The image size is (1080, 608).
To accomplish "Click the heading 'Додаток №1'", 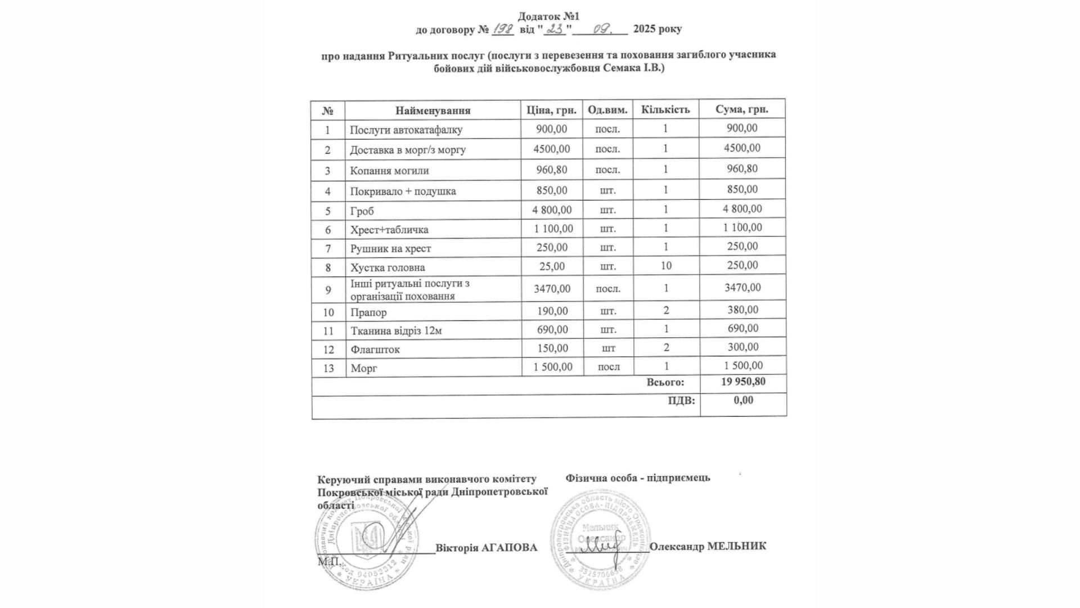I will tap(548, 16).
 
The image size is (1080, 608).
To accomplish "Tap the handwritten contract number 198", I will tap(502, 29).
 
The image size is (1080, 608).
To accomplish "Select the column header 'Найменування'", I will tap(433, 110).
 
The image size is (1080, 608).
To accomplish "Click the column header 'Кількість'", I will tap(665, 109).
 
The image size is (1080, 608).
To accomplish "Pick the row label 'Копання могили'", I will tap(389, 171).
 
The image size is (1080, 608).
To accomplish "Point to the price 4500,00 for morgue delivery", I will tap(552, 149).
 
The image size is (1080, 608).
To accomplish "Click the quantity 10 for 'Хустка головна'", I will tap(666, 266).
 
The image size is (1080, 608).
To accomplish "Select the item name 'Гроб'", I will tap(362, 211).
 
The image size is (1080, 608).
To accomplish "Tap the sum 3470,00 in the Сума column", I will tap(742, 288).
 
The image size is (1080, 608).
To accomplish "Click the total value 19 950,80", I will tap(743, 382).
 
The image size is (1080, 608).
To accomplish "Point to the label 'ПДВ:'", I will tap(681, 401).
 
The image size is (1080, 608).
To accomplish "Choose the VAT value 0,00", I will tap(743, 400).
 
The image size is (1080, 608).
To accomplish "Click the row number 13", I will tap(328, 368).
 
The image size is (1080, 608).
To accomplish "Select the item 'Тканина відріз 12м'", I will tap(396, 331).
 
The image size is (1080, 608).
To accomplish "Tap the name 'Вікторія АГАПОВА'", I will tap(486, 548).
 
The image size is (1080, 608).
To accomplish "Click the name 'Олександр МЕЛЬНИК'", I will tap(708, 546).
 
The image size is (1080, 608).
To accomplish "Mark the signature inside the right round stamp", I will tap(601, 547).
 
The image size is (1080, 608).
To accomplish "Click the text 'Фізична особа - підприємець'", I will tap(638, 478).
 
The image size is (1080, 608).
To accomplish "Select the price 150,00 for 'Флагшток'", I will tap(552, 348).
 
